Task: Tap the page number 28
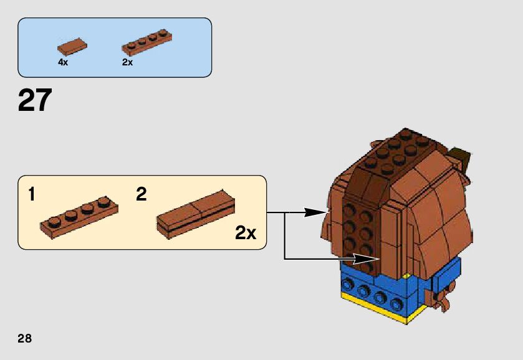(24, 339)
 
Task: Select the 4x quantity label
(63, 62)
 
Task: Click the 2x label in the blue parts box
(127, 62)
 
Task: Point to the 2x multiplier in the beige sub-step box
(246, 234)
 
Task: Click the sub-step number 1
(32, 194)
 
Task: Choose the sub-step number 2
(142, 194)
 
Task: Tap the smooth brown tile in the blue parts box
(72, 46)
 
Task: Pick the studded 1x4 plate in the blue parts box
(146, 40)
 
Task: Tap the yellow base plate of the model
(374, 310)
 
